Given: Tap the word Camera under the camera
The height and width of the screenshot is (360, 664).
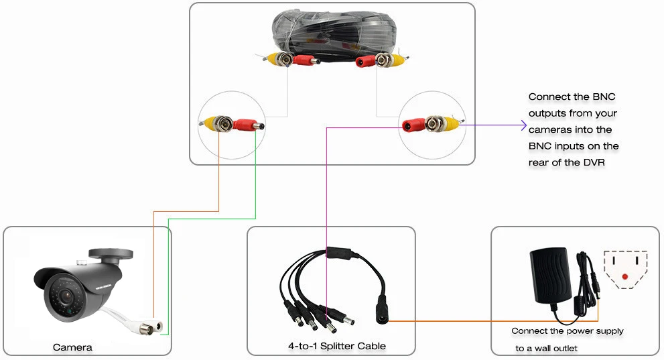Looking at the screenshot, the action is point(72,348).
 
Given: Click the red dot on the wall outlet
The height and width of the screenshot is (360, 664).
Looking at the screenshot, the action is point(625,277).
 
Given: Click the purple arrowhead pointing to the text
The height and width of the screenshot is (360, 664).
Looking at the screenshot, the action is point(523,125).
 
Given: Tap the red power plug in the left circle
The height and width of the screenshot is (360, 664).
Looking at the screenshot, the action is point(249,125).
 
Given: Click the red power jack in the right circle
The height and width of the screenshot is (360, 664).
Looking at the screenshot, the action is point(413,125).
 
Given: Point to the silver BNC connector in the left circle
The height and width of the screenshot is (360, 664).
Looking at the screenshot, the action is point(223,123).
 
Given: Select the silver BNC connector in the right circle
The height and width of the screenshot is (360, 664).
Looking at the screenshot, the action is point(434,123).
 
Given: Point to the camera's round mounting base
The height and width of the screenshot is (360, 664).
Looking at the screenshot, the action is point(111,254).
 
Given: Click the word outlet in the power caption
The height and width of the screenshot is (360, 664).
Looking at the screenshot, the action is point(566,348).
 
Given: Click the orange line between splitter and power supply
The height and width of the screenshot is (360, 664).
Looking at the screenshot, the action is point(493,321).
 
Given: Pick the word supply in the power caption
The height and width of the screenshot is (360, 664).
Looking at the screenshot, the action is point(609,331).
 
